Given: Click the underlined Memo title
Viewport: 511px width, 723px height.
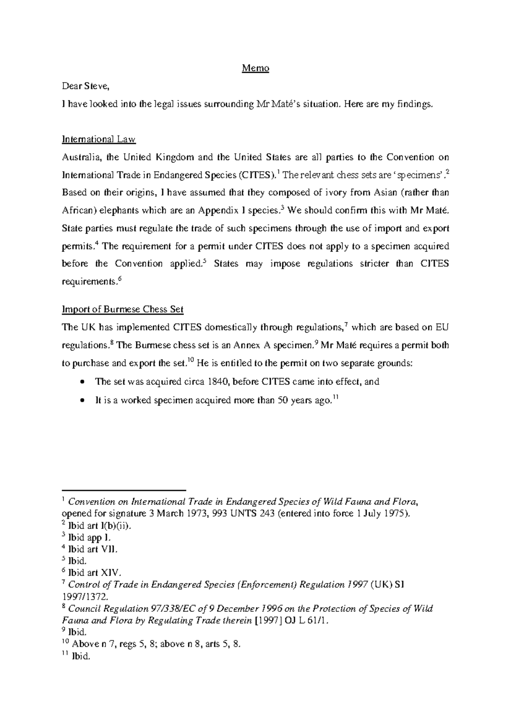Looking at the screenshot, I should (255, 68).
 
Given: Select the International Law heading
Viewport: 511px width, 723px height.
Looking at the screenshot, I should (99, 139).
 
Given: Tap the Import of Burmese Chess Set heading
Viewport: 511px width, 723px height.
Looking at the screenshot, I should (123, 309).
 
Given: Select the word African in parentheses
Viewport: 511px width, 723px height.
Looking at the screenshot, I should (76, 210).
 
